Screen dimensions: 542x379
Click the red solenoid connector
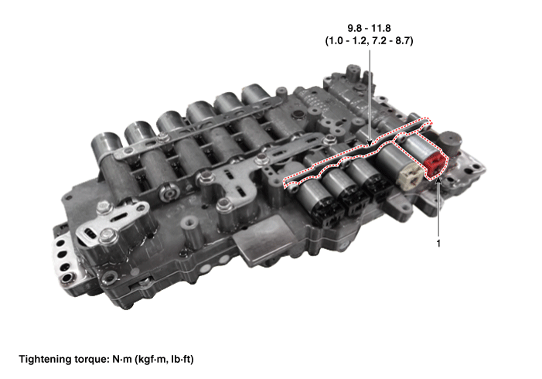(x=436, y=165)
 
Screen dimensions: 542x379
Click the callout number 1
(x=438, y=244)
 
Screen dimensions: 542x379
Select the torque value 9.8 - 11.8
(x=369, y=28)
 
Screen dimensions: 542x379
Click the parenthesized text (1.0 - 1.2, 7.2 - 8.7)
(x=369, y=41)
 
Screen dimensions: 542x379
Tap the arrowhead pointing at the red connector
(x=438, y=179)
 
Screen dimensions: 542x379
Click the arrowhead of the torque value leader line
(x=370, y=143)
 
